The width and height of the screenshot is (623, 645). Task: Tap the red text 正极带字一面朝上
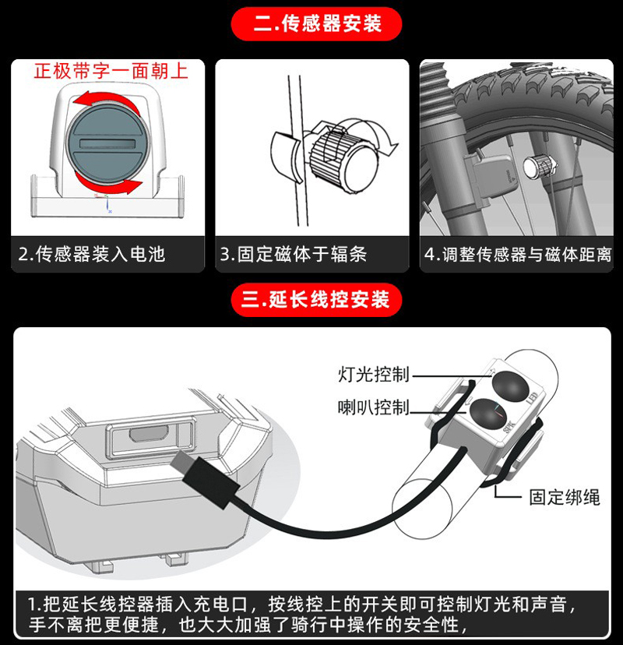click(x=111, y=72)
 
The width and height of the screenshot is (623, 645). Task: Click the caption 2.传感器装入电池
click(x=92, y=254)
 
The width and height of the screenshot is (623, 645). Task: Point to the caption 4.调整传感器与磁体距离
click(x=518, y=254)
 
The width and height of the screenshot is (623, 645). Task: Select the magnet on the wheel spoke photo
click(x=537, y=164)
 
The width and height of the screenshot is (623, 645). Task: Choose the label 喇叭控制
click(x=373, y=407)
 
